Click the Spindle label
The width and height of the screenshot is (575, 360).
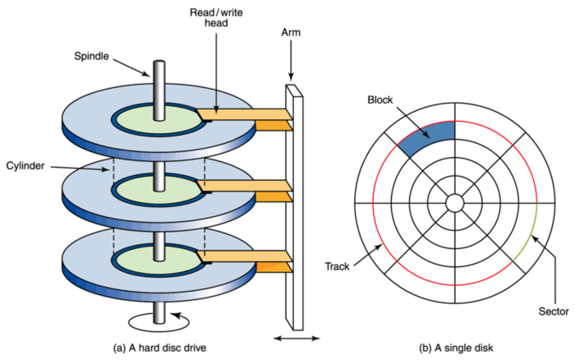pos(91,56)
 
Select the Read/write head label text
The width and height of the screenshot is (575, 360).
pos(216,17)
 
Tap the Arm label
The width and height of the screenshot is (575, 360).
pos(291,32)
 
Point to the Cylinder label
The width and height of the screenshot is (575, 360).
pos(25,166)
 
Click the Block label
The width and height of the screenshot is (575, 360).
pos(379,99)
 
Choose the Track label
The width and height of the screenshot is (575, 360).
pos(337,266)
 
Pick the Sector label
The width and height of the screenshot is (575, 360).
pos(554,312)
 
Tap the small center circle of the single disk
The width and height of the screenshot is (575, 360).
pos(455,203)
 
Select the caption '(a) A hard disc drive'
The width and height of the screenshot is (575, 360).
pos(159,348)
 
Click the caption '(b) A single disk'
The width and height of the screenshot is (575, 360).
pos(456,348)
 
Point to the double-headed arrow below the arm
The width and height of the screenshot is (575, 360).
pos(297,339)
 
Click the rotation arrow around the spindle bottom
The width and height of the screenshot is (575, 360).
pos(159,322)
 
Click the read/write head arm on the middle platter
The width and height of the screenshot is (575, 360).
pos(244,186)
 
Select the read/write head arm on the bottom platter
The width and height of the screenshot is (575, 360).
pos(244,256)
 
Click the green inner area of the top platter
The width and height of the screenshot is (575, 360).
pos(159,119)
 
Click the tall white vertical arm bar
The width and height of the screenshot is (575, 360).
pos(294,208)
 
